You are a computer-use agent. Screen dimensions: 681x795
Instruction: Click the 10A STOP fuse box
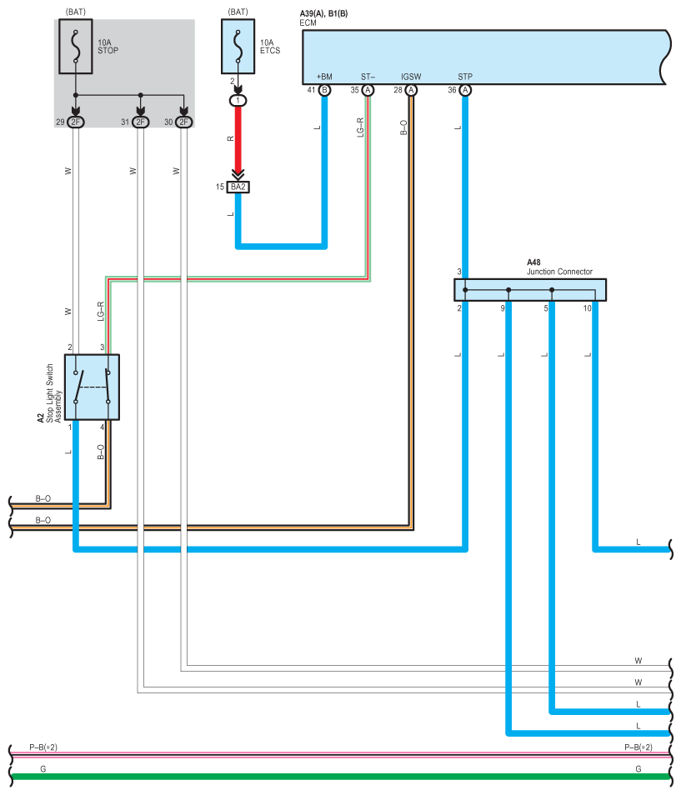tap(76, 46)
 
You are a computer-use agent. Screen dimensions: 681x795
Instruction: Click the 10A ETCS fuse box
tap(238, 46)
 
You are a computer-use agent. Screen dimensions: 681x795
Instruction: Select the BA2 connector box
tap(238, 187)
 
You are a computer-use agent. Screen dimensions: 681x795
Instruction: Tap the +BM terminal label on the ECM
tap(324, 77)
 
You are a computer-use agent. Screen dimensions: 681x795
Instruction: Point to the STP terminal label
tap(465, 77)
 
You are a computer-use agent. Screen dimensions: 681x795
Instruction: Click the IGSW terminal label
tap(411, 77)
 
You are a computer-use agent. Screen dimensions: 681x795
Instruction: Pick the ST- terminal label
tap(368, 77)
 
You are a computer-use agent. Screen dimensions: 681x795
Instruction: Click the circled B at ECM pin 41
tap(324, 90)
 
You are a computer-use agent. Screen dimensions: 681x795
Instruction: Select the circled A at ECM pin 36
tap(465, 90)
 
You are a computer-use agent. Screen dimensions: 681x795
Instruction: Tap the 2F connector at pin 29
tap(76, 122)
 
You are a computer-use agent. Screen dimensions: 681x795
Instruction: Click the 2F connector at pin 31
tap(141, 122)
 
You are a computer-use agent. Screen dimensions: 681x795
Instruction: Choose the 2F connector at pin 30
tap(184, 122)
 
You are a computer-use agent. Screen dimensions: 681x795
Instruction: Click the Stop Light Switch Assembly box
tap(92, 387)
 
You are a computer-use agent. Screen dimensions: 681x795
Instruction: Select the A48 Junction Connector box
tap(530, 290)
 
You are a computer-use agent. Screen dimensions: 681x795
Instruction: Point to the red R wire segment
tap(238, 138)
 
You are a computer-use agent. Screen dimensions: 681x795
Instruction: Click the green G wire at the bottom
tap(340, 776)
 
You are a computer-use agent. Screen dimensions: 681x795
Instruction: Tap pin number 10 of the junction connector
tap(587, 308)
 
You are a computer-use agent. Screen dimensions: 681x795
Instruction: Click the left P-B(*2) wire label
tap(43, 747)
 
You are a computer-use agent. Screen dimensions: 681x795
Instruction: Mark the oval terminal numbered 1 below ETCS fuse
tap(238, 100)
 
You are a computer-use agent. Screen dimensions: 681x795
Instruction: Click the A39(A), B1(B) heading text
tap(323, 13)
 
